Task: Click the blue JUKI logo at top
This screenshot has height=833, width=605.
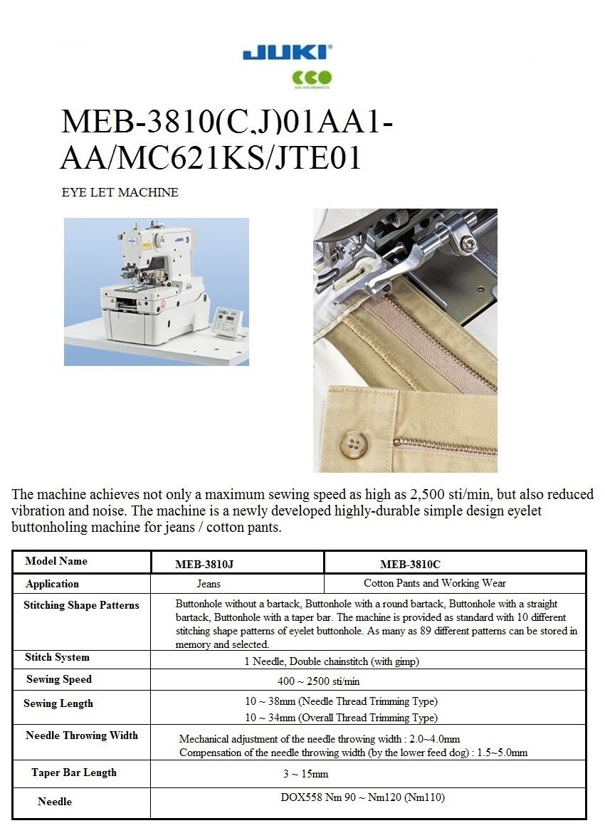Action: (x=287, y=53)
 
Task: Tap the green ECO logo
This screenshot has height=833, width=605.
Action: (x=312, y=78)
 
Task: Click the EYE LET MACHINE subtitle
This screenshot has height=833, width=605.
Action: (x=120, y=192)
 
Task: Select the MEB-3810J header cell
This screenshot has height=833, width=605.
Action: (x=204, y=565)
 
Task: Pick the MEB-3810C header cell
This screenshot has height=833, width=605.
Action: (x=410, y=565)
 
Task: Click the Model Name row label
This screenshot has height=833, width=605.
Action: (x=56, y=561)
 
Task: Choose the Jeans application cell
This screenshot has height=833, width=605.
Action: (x=209, y=584)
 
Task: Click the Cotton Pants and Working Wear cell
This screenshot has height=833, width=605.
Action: (x=435, y=583)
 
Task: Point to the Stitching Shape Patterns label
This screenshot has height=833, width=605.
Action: (x=81, y=605)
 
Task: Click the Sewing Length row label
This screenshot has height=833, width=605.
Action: (x=58, y=703)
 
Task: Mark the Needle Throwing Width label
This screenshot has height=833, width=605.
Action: (x=82, y=735)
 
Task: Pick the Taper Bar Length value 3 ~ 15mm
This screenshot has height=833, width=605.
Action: (x=305, y=774)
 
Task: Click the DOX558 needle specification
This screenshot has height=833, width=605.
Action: (x=362, y=797)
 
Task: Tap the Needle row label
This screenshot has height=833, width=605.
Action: (x=55, y=802)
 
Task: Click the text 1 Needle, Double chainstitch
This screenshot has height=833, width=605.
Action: (x=332, y=661)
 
